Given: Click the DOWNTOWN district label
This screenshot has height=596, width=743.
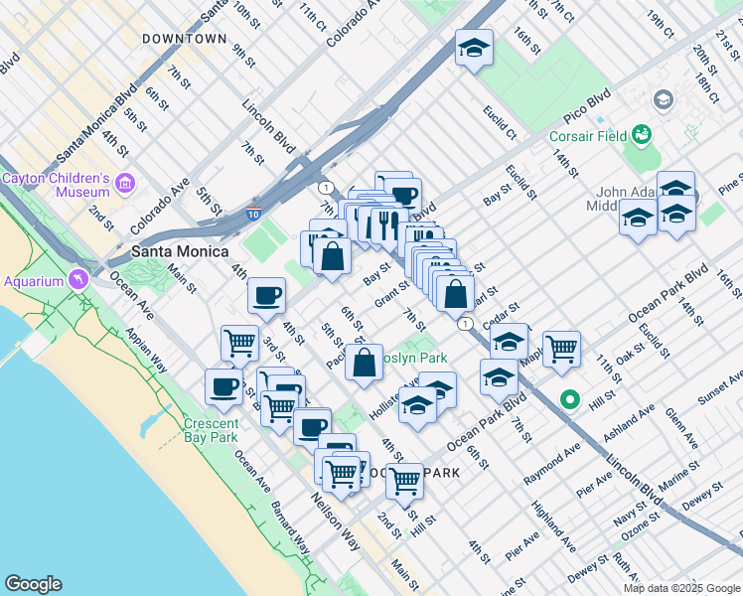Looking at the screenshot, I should [x=184, y=39].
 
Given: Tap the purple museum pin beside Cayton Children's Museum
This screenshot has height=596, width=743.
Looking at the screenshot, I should [x=125, y=184].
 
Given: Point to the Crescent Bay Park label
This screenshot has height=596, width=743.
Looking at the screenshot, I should [x=211, y=430].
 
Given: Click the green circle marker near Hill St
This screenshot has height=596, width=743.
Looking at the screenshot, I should [x=570, y=400].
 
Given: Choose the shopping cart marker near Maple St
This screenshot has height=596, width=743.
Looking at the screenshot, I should [x=561, y=349].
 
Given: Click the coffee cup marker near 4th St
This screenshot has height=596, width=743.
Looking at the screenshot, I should [x=266, y=295].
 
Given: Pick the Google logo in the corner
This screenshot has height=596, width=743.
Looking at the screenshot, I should [x=33, y=584].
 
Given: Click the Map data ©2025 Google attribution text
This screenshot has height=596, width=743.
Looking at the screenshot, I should [x=681, y=588].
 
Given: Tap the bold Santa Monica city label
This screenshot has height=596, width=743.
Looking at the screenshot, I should [x=181, y=250].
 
